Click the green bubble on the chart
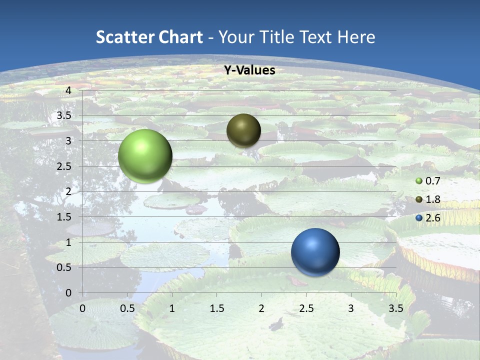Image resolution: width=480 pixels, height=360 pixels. [x=145, y=156]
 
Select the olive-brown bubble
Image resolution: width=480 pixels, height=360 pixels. [x=243, y=130]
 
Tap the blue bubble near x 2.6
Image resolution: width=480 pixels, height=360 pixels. [x=315, y=252]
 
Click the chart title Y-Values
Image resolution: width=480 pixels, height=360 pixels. [x=249, y=70]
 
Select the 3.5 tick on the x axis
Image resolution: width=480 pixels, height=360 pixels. [x=395, y=308]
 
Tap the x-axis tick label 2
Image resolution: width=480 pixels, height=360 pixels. [x=261, y=308]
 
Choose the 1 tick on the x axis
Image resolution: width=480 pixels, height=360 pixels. [x=172, y=308]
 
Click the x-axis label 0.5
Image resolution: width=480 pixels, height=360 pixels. [x=127, y=308]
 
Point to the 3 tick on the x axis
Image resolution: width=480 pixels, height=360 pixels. [x=351, y=308]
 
